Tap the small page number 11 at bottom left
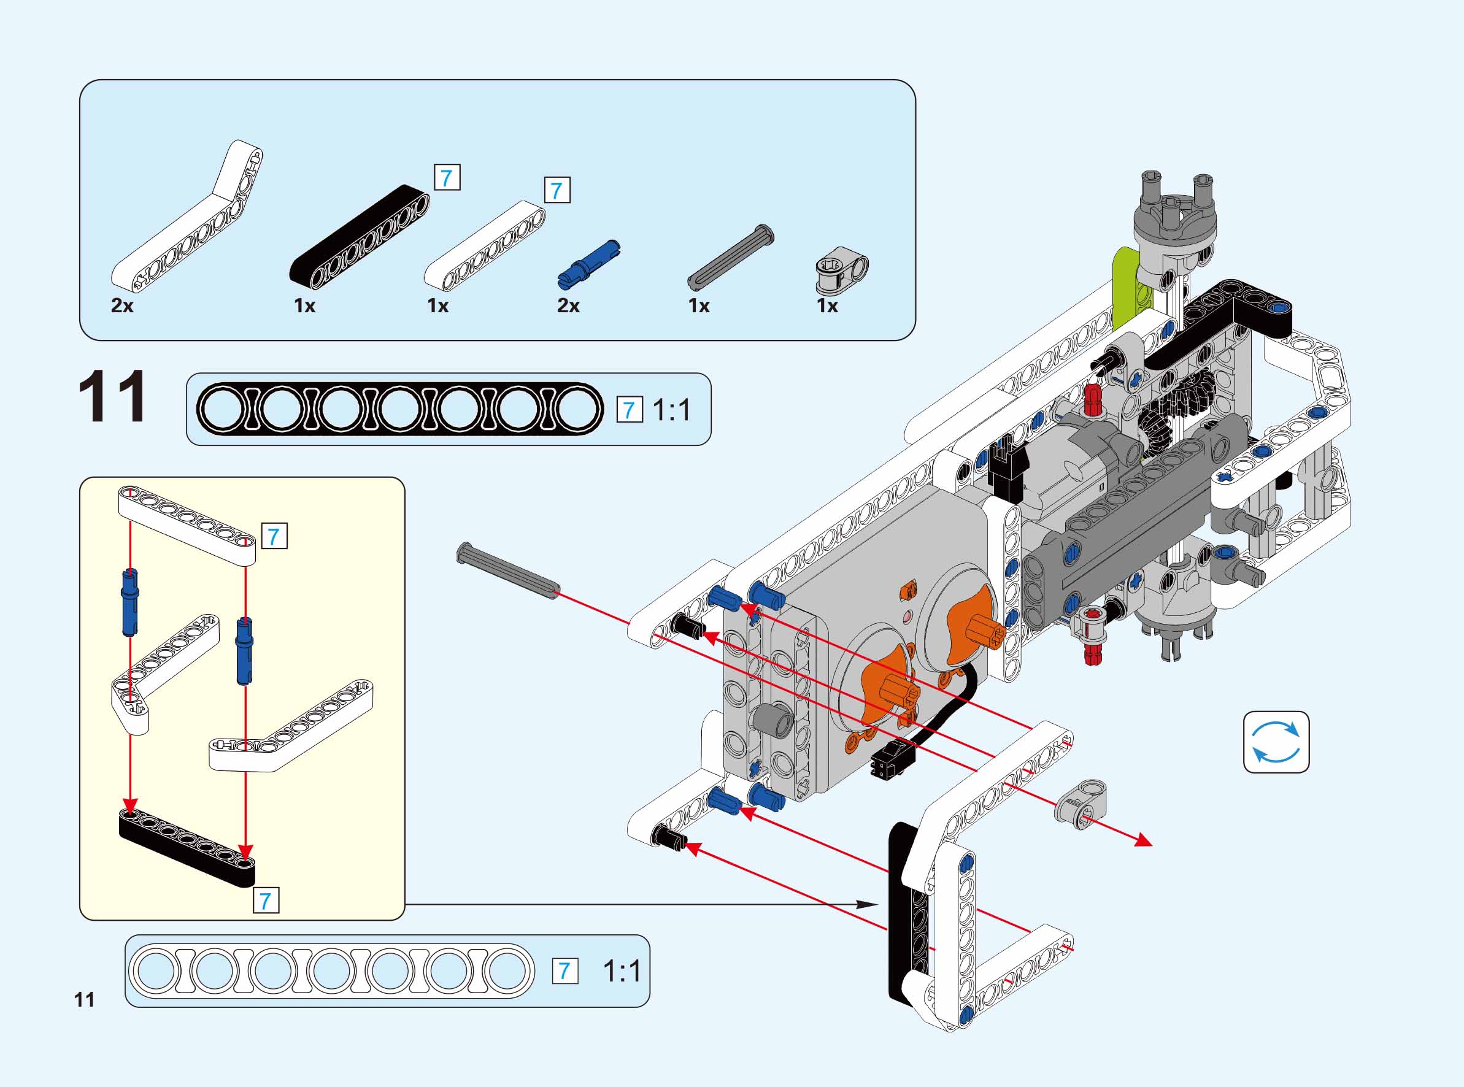[x=84, y=1000]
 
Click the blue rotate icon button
[x=1276, y=742]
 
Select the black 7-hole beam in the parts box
[x=360, y=237]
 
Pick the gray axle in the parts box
[x=730, y=256]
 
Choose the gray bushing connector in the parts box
[x=842, y=271]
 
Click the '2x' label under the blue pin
[x=569, y=306]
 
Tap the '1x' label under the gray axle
[x=699, y=306]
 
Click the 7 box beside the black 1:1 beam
[x=629, y=410]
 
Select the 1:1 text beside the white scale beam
[x=622, y=971]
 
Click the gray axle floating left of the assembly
[x=508, y=571]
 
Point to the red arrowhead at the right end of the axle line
[x=1146, y=842]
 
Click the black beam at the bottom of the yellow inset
[x=187, y=848]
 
